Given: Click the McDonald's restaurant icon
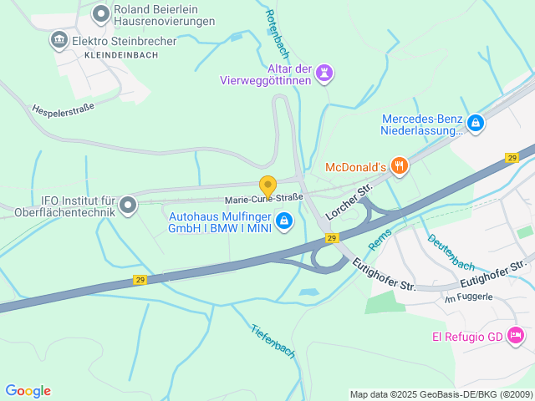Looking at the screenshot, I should coord(400,166).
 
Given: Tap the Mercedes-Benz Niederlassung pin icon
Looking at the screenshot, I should coord(476,124).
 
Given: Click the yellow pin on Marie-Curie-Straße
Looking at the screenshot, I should coord(267,186).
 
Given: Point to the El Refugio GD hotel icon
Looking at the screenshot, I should coord(516,336).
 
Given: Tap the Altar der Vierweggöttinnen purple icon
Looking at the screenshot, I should coord(324,74).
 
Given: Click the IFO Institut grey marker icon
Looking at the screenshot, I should coord(128,205).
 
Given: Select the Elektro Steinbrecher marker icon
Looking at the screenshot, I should coord(59,39).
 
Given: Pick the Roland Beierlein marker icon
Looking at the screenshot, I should coord(101,13).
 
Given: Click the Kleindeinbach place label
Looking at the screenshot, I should coord(121,54).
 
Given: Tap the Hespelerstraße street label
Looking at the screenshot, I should coord(63,109).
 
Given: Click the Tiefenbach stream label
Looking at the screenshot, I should coord(273,340).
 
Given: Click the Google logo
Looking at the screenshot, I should coord(28,391).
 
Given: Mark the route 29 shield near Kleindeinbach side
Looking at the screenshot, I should coord(140,281).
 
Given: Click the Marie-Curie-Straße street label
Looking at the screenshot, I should coord(264,199).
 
